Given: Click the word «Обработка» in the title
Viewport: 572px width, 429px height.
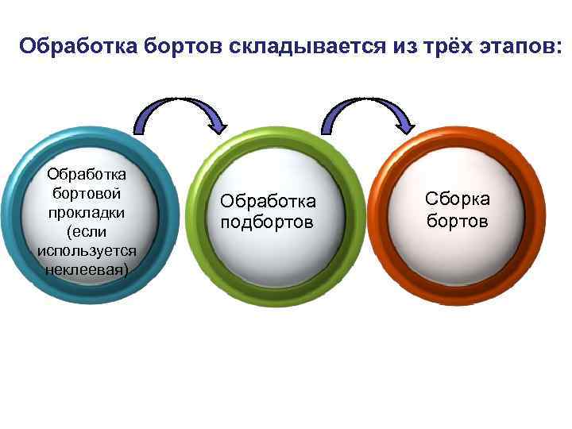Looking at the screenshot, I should point(78,45).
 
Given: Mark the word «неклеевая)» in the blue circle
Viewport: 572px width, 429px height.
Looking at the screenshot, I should point(87,270).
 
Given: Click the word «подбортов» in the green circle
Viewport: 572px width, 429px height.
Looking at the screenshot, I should point(268,222).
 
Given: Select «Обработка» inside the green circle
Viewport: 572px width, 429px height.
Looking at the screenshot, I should point(268,202).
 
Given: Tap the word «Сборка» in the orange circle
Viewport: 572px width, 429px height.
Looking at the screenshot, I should point(458,199).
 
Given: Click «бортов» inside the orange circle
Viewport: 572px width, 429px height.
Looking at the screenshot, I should point(458,220).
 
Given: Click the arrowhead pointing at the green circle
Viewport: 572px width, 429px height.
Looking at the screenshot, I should point(217,123).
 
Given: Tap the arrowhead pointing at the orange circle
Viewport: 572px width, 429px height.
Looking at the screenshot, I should point(404,123).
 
